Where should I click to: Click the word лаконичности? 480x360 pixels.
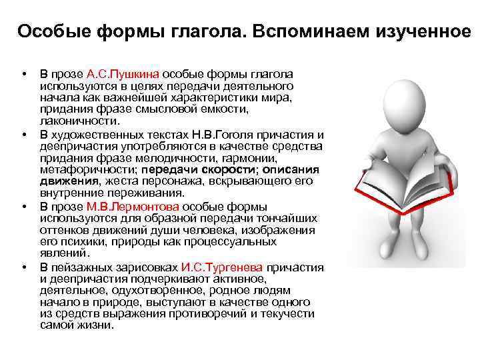pyautogui.click(x=80, y=122)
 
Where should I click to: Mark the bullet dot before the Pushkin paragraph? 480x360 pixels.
pyautogui.click(x=23, y=74)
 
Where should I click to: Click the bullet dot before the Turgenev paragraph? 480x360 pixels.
pyautogui.click(x=23, y=267)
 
